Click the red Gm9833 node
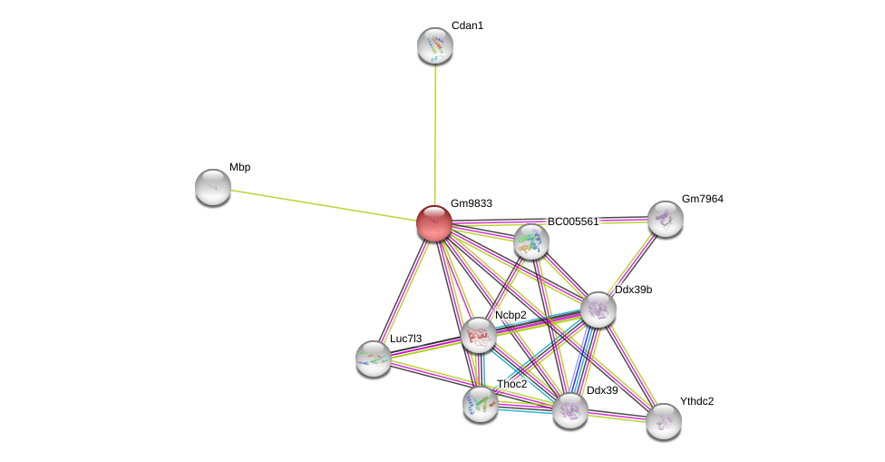[x=434, y=222]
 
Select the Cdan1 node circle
[x=435, y=45]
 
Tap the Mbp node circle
[x=213, y=187]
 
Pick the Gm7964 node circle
[x=666, y=219]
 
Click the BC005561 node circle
[x=531, y=241]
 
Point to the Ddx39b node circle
[x=598, y=310]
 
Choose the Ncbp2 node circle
[x=479, y=335]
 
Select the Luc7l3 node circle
[x=374, y=359]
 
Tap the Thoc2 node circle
[x=481, y=403]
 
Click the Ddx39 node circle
[x=570, y=410]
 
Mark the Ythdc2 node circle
[x=664, y=420]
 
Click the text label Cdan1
[x=467, y=25]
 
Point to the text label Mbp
[x=239, y=167]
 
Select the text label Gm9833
[x=471, y=203]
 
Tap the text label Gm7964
[x=703, y=199]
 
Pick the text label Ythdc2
[x=696, y=401]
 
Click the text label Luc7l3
[x=405, y=339]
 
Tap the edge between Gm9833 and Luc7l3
[x=404, y=290]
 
